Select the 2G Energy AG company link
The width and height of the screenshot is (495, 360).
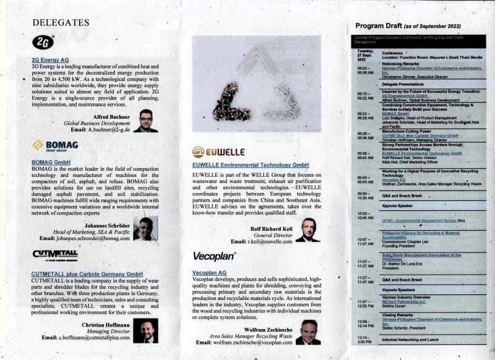click(50, 60)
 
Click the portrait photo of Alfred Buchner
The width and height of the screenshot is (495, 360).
click(145, 121)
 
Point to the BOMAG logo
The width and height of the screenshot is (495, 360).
click(54, 145)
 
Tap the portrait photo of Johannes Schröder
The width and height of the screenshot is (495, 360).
click(145, 228)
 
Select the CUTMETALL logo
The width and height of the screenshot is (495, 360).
click(54, 254)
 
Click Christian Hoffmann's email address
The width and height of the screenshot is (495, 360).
click(95, 338)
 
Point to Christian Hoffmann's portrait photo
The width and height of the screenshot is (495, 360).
click(146, 330)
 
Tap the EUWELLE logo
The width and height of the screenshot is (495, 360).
click(218, 152)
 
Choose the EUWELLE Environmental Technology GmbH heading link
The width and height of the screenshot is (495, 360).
click(250, 166)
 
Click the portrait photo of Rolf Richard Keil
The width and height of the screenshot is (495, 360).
click(307, 229)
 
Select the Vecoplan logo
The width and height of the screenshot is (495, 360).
click(214, 255)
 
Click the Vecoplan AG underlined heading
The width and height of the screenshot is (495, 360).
click(209, 272)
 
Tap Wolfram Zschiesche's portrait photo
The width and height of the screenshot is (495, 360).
click(308, 332)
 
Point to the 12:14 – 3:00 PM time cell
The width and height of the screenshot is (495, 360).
click(365, 340)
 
